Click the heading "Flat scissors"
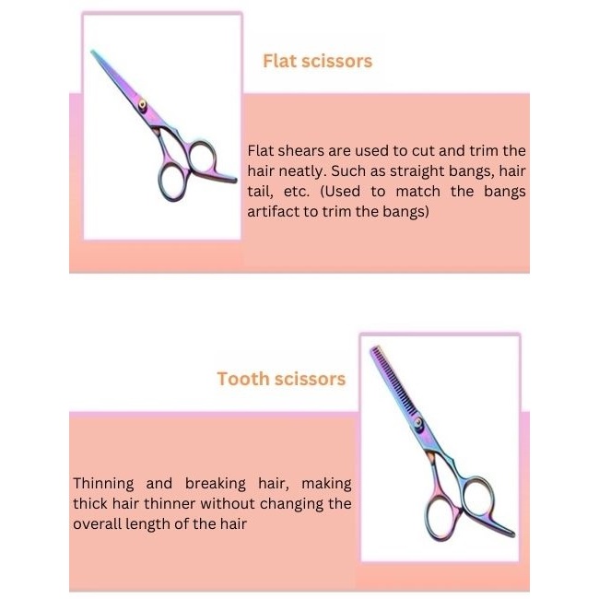[317, 61]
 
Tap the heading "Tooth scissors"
[281, 379]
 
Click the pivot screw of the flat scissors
[142, 104]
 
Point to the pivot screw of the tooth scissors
[418, 423]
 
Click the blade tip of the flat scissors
[91, 51]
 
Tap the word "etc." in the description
[297, 192]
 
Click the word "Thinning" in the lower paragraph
[103, 484]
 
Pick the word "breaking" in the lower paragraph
[216, 484]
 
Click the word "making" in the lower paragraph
[326, 484]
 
